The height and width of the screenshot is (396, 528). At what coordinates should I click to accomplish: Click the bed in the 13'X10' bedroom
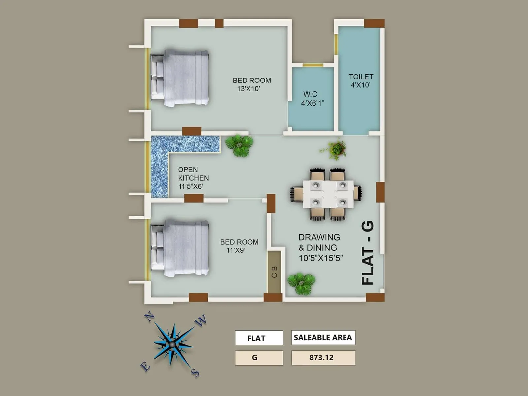pos(180,78)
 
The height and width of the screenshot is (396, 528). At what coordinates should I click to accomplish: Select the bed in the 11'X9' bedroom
pos(180,248)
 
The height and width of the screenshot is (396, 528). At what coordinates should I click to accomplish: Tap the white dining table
pos(328,194)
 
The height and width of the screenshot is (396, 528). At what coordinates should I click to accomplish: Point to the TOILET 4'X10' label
pos(361,81)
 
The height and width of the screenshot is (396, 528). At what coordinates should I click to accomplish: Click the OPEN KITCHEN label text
pos(193,178)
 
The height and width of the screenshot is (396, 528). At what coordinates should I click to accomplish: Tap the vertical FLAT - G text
pos(368,253)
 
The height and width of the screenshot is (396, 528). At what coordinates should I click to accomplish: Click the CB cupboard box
pos(274,272)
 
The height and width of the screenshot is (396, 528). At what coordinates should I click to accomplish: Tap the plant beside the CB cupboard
pos(301,283)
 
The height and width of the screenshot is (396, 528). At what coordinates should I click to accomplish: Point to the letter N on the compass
pos(149,317)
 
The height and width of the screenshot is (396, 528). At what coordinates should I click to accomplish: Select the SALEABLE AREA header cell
pos(323,338)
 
